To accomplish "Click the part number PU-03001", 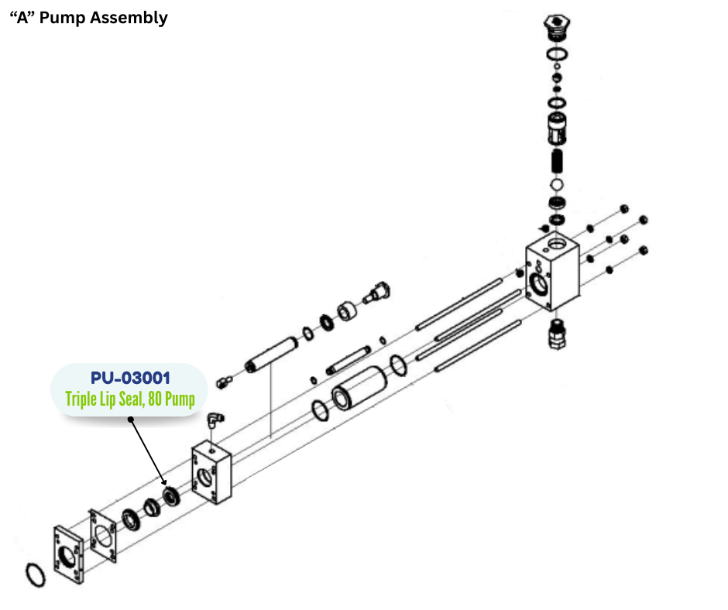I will [x=130, y=378].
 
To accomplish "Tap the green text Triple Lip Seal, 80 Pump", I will [x=130, y=399].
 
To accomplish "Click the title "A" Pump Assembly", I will [x=88, y=17].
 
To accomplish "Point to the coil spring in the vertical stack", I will [x=555, y=163].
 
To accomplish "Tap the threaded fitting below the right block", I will [x=556, y=334].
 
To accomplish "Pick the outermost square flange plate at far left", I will [x=68, y=556].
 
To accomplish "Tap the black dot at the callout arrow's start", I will [x=130, y=420].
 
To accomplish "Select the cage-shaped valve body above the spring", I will [x=555, y=127].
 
